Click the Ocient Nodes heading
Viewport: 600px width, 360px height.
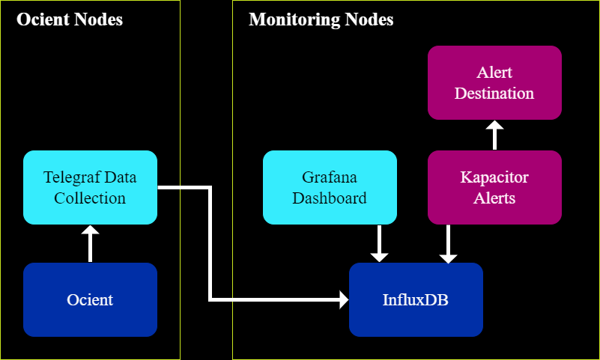tap(70, 19)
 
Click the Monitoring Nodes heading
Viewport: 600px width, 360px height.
tap(321, 19)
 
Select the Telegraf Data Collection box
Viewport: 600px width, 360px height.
tap(90, 187)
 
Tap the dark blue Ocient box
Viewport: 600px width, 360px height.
tap(90, 299)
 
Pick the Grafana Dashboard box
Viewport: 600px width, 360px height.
tap(330, 187)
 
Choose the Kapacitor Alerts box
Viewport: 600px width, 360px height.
tap(494, 187)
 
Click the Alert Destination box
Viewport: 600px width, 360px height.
tap(494, 82)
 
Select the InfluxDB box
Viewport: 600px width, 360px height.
tap(416, 299)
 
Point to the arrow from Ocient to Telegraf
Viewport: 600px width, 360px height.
tap(90, 245)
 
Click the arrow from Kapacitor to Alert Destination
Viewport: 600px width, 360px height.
tap(494, 135)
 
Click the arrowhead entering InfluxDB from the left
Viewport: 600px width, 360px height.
tap(344, 300)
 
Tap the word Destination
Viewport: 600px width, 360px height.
tap(494, 94)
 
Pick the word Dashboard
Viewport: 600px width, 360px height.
tap(330, 198)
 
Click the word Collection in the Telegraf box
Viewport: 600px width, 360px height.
tap(90, 198)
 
